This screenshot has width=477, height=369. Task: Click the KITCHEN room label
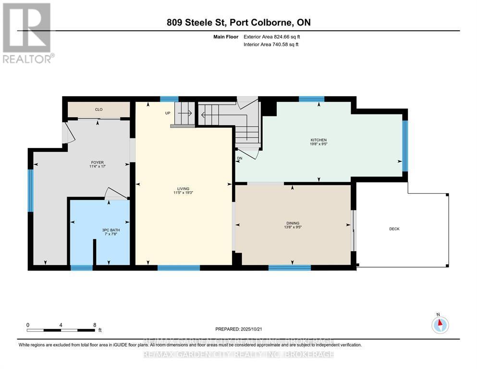click(x=318, y=140)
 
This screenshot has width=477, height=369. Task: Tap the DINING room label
click(x=293, y=223)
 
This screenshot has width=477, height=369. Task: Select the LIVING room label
click(x=183, y=189)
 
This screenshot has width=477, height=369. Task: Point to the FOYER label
click(x=98, y=162)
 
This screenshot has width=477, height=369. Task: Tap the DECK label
click(x=394, y=229)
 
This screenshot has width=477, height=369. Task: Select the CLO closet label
click(x=98, y=110)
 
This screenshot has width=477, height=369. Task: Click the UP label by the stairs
click(x=168, y=113)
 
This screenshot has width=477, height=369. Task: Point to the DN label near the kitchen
click(x=239, y=158)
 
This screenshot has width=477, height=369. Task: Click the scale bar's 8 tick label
click(x=95, y=325)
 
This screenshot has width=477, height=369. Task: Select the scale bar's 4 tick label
click(x=61, y=325)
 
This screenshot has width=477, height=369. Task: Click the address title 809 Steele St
click(x=197, y=23)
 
